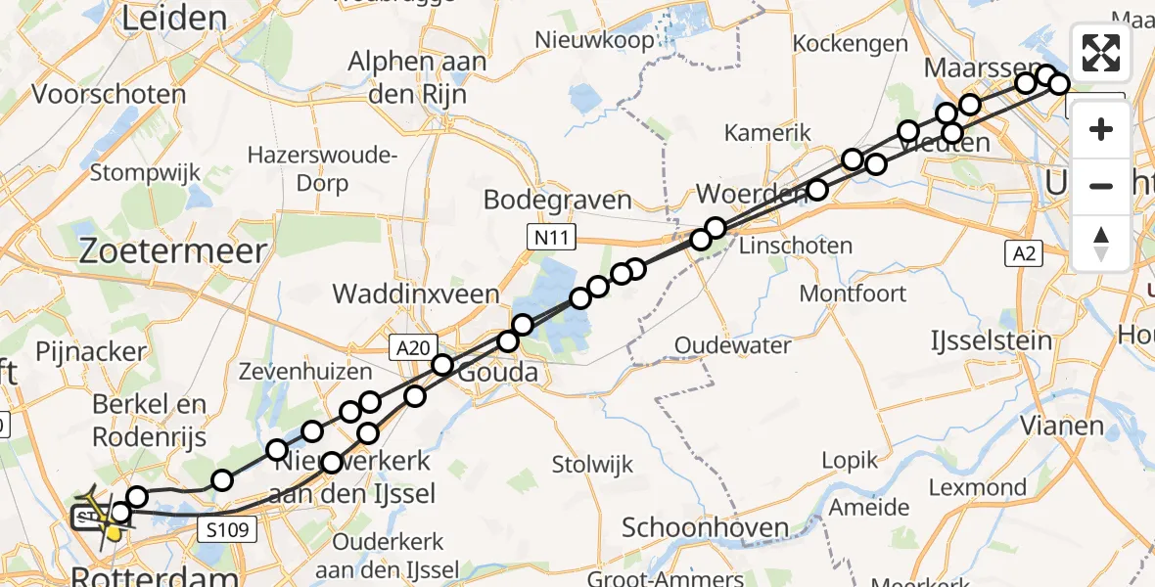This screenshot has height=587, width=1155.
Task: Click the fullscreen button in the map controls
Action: click(x=1101, y=53)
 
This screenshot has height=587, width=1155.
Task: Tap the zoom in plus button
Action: click(x=1101, y=129)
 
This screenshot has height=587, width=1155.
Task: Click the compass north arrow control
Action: click(x=1101, y=243)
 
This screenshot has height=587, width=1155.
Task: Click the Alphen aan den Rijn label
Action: click(x=417, y=77)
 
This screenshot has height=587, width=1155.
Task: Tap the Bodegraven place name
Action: click(x=558, y=201)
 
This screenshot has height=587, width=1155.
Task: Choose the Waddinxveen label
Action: click(x=416, y=293)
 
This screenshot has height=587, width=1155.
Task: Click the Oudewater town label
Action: click(x=733, y=345)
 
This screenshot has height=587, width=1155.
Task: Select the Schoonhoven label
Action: click(x=706, y=528)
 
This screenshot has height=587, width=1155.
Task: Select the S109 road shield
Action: click(x=231, y=530)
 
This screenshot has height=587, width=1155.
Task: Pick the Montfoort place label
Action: click(x=854, y=293)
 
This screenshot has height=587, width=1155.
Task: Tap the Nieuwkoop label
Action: click(x=588, y=40)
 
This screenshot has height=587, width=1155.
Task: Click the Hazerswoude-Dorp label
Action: click(x=323, y=168)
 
